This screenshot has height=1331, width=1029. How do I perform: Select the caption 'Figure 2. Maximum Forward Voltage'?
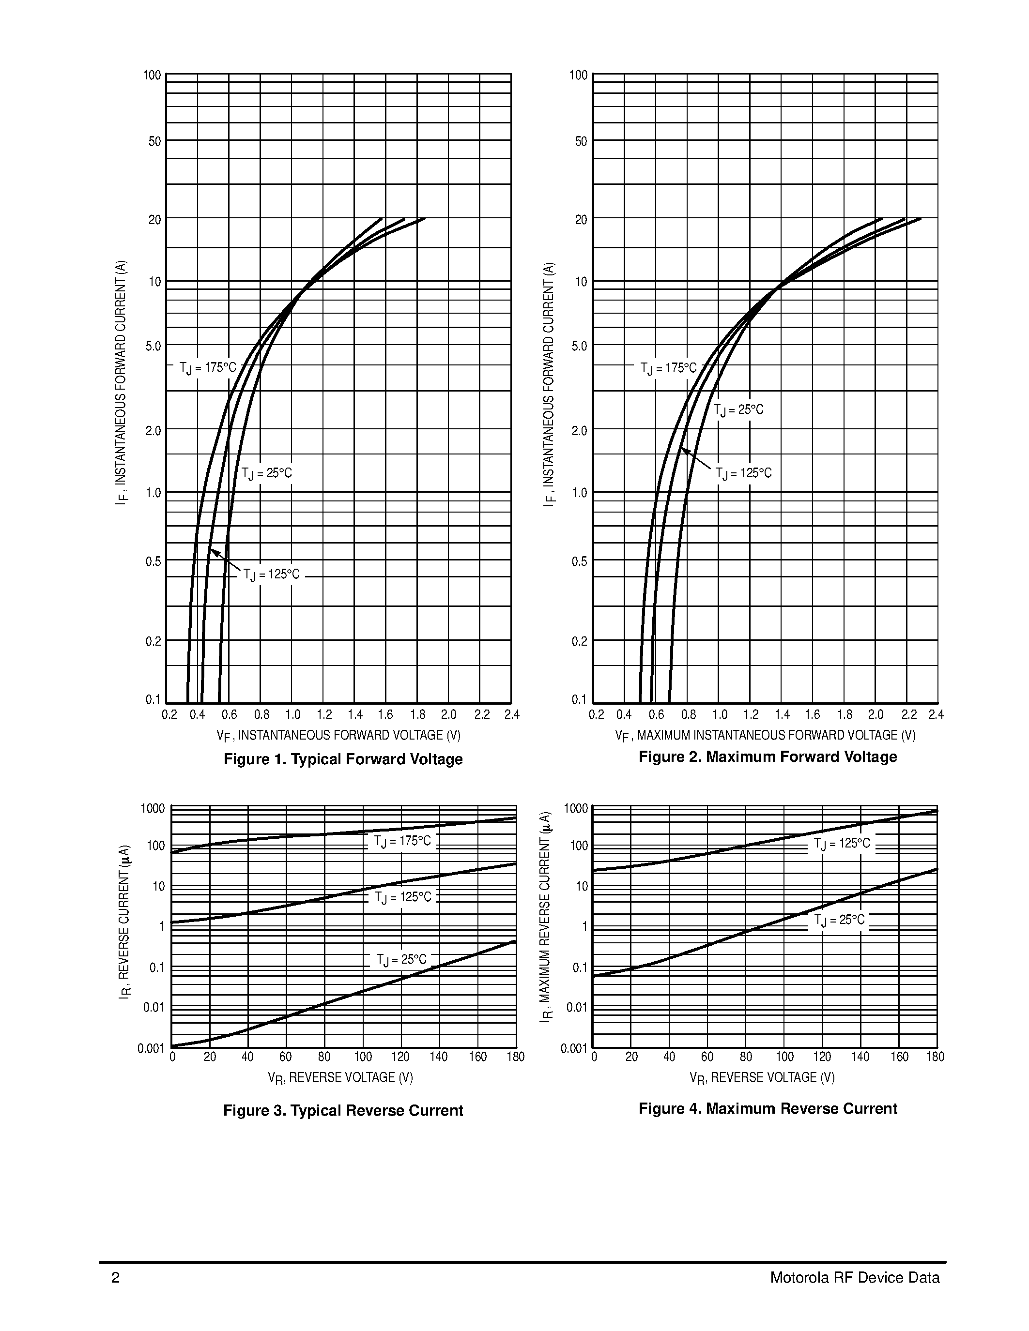pyautogui.click(x=768, y=756)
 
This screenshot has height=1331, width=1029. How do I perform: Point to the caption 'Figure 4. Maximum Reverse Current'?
pyautogui.click(x=768, y=1108)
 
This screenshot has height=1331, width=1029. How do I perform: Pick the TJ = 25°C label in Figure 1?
pyautogui.click(x=266, y=473)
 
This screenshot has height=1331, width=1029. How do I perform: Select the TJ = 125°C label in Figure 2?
pyautogui.click(x=743, y=473)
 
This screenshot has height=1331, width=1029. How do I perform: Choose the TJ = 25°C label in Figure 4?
pyautogui.click(x=839, y=920)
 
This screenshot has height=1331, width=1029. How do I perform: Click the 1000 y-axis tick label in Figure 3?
pyautogui.click(x=153, y=809)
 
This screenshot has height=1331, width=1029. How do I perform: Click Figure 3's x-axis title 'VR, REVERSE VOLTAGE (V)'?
pyautogui.click(x=340, y=1078)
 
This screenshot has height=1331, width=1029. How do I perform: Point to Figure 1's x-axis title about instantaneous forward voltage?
pyautogui.click(x=338, y=736)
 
